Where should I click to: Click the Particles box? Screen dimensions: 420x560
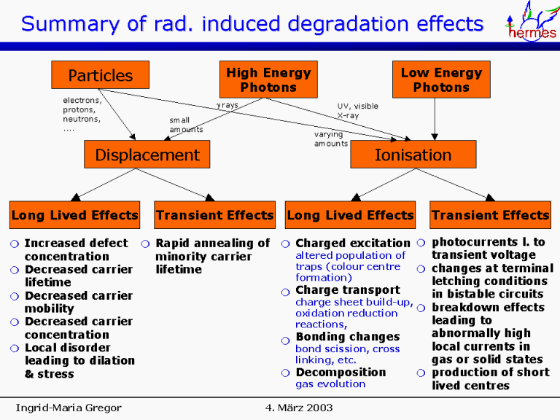[x=100, y=75]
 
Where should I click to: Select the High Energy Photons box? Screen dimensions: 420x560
[x=268, y=79]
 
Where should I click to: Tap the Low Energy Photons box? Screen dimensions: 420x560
[x=441, y=79]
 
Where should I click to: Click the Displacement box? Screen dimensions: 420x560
[x=147, y=155]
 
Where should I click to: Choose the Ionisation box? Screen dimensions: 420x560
[x=413, y=155]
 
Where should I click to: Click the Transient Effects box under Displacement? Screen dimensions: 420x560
[x=214, y=215]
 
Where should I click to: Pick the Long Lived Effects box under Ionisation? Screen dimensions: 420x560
[x=350, y=215]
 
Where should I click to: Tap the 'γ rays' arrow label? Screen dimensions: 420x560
[x=227, y=106]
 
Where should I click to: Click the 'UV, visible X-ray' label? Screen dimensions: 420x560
[x=357, y=111]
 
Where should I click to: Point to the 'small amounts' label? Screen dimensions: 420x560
[x=186, y=125]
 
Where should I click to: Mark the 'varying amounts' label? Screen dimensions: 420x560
[x=331, y=139]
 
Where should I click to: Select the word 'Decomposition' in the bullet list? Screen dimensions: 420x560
[x=341, y=373]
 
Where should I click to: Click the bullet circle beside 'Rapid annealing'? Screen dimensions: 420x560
[x=146, y=244]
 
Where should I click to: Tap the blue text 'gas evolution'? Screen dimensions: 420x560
[x=330, y=384]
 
